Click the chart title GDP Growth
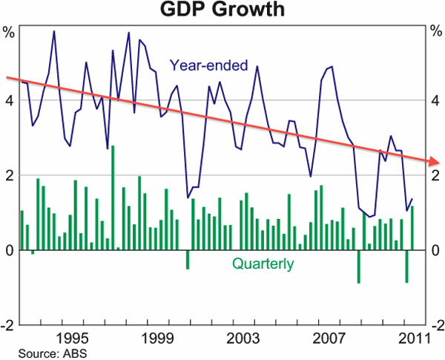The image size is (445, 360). click(222, 10)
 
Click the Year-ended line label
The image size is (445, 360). click(208, 65)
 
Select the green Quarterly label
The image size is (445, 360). click(263, 264)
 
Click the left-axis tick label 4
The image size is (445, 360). click(9, 100)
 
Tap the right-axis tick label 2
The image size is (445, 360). click(435, 175)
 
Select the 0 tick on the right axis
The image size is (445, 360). click(435, 250)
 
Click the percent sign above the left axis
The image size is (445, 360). click(9, 32)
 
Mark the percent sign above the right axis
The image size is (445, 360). click(435, 32)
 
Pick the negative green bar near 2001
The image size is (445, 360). click(187, 259)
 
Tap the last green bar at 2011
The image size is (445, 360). click(412, 228)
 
